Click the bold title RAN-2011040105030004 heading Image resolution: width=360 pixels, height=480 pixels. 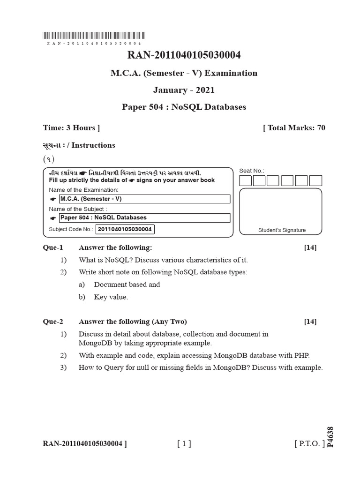click(x=184, y=55)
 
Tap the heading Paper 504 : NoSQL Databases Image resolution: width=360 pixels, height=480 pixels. click(x=184, y=107)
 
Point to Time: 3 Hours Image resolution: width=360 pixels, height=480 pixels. click(x=71, y=128)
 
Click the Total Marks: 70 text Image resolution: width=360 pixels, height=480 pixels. click(x=294, y=128)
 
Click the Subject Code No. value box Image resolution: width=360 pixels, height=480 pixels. click(x=125, y=230)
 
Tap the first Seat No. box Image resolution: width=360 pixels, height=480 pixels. click(x=246, y=181)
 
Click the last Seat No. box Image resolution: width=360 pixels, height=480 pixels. click(x=316, y=181)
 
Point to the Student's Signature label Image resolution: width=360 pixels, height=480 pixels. click(x=282, y=230)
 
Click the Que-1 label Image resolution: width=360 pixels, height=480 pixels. click(x=52, y=247)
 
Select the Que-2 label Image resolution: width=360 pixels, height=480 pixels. click(x=52, y=322)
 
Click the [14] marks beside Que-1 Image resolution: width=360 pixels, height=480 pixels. click(x=310, y=247)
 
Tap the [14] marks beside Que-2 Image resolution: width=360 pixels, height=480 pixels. click(x=310, y=322)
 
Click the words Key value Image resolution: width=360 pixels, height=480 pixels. click(x=111, y=297)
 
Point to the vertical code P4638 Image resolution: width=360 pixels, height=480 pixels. click(x=331, y=436)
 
